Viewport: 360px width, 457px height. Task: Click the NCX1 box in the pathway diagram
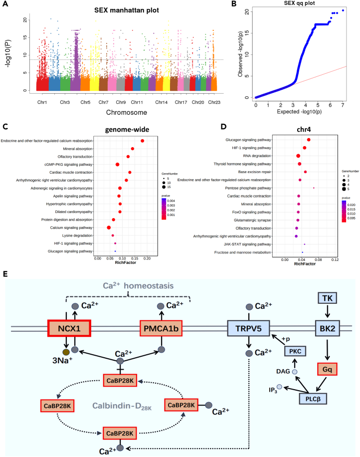pyautogui.click(x=69, y=328)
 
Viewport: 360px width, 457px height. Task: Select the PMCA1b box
pyautogui.click(x=161, y=328)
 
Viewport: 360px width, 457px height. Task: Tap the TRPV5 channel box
pyautogui.click(x=248, y=328)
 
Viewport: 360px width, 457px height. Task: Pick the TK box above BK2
pyautogui.click(x=328, y=298)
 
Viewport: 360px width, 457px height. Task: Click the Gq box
pyautogui.click(x=328, y=369)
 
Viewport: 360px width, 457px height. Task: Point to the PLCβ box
pyautogui.click(x=313, y=399)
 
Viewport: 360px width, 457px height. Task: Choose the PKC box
pyautogui.click(x=295, y=351)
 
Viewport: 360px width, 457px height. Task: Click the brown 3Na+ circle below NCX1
pyautogui.click(x=66, y=352)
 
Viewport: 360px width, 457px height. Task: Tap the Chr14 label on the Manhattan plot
pyautogui.click(x=162, y=102)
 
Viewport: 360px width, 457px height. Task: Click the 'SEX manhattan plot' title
pyautogui.click(x=127, y=10)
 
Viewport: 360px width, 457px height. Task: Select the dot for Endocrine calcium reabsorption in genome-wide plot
pyautogui.click(x=143, y=141)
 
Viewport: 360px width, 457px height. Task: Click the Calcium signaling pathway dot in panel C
pyautogui.click(x=109, y=228)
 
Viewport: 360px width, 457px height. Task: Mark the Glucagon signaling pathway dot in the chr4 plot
pyautogui.click(x=309, y=140)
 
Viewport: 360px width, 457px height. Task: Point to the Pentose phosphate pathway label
pyautogui.click(x=248, y=188)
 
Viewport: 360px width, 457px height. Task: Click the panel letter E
pyautogui.click(x=5, y=274)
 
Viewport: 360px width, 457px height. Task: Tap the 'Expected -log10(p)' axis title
pyautogui.click(x=299, y=112)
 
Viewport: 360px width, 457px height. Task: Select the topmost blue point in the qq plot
pyautogui.click(x=343, y=10)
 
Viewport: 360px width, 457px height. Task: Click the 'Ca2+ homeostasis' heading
pyautogui.click(x=138, y=285)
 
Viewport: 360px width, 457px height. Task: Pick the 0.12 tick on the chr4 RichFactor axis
pyautogui.click(x=335, y=260)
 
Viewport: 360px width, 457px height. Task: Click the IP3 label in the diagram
pyautogui.click(x=273, y=390)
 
